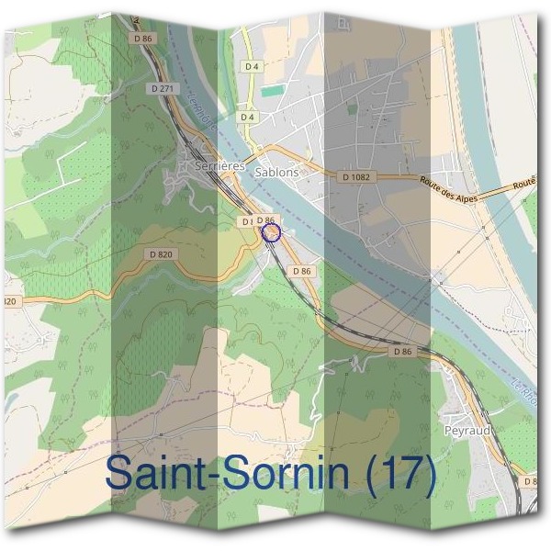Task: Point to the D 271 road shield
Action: tap(160, 88)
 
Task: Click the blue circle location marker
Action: tap(270, 232)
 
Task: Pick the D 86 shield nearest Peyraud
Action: tap(401, 351)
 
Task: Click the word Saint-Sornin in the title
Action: tap(230, 473)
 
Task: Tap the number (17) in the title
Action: tap(398, 473)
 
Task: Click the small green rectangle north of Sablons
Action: tap(271, 91)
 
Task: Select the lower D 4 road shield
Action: tap(247, 118)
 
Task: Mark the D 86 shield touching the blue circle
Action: tap(265, 220)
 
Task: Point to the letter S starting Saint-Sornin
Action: tap(119, 473)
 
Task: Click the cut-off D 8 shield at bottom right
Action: tap(530, 481)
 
